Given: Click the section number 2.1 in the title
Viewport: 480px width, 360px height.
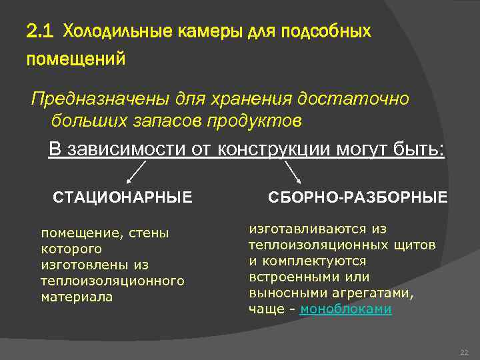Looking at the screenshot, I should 41,31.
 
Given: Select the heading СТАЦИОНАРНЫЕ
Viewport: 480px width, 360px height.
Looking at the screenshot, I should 123,197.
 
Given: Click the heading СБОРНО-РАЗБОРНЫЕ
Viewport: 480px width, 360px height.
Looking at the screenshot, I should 358,197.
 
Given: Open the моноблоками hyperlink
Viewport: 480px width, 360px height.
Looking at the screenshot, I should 346,309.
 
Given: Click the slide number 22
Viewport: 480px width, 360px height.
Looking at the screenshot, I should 465,352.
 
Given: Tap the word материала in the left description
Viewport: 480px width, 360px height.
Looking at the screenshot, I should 77,297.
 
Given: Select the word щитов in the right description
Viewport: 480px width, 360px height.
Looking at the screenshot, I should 417,244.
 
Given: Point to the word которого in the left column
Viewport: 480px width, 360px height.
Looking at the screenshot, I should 71,249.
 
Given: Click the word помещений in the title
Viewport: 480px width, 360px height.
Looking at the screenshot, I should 75,60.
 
